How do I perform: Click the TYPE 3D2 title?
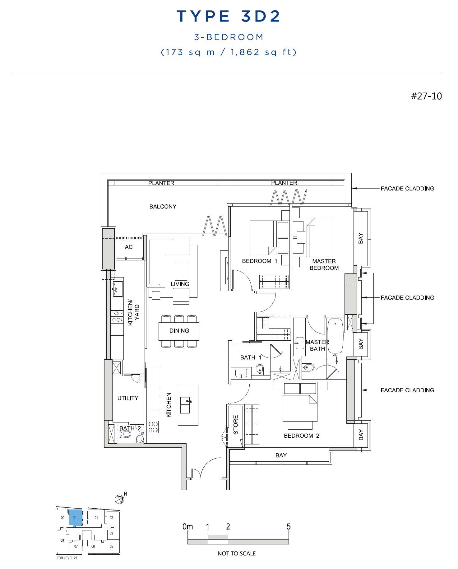pyautogui.click(x=229, y=16)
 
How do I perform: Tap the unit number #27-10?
pyautogui.click(x=426, y=96)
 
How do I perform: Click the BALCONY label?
pyautogui.click(x=163, y=207)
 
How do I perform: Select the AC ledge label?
pyautogui.click(x=129, y=247)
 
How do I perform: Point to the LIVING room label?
pyautogui.click(x=180, y=284)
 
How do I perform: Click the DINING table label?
pyautogui.click(x=179, y=331)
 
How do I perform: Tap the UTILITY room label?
pyautogui.click(x=127, y=398)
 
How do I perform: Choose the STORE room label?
pyautogui.click(x=236, y=425)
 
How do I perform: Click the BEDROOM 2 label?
pyautogui.click(x=301, y=436)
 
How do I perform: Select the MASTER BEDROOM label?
pyautogui.click(x=324, y=265)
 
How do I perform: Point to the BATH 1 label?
pyautogui.click(x=251, y=357)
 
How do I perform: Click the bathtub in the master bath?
pyautogui.click(x=335, y=336)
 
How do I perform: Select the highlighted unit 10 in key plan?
pyautogui.click(x=75, y=518)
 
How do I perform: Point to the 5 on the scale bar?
pyautogui.click(x=289, y=527)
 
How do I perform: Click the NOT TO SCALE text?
pyautogui.click(x=237, y=553)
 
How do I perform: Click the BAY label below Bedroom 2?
pyautogui.click(x=281, y=455)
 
